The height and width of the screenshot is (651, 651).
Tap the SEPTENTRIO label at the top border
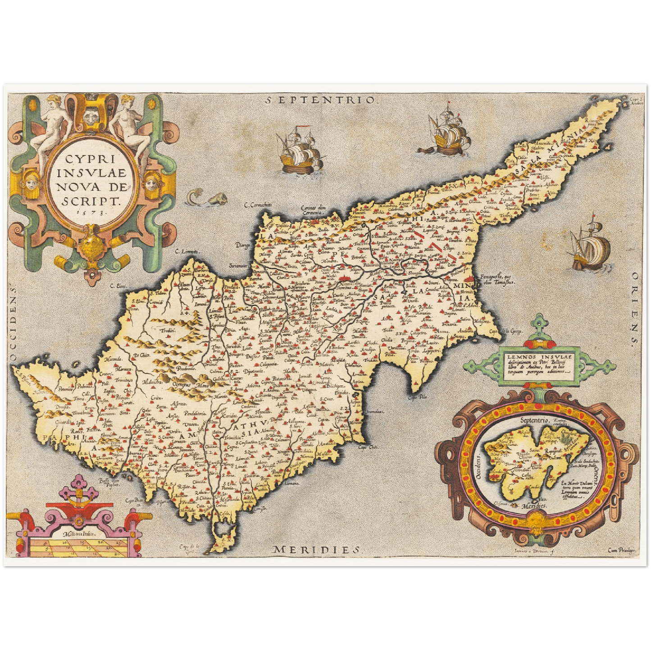320,100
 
